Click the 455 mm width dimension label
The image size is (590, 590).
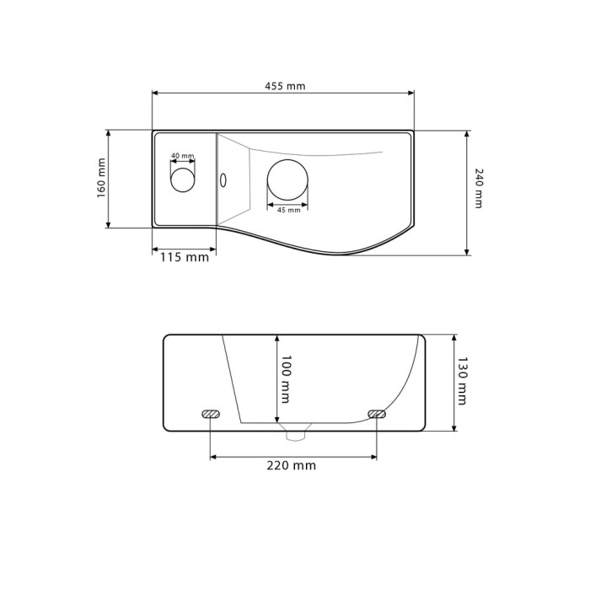285,86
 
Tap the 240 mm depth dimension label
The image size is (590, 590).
478,188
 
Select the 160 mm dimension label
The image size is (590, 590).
101,178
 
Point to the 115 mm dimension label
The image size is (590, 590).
185,257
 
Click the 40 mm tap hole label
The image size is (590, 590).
183,155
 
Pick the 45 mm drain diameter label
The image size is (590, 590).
288,210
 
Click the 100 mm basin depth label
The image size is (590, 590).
286,379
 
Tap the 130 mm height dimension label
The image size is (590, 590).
462,381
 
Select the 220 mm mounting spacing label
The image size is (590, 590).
292,465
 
